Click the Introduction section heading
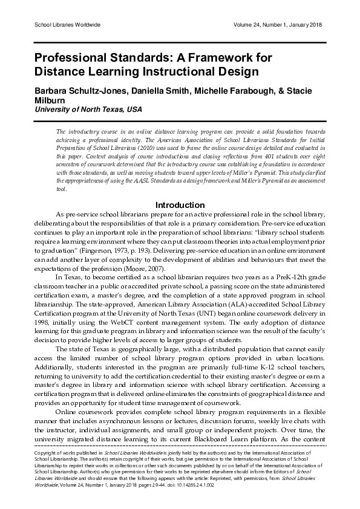[180, 204]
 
